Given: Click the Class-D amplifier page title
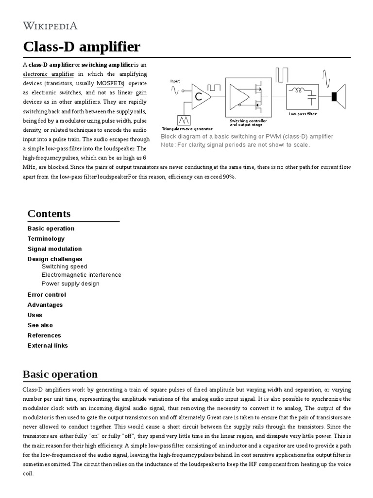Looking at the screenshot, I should (82, 47).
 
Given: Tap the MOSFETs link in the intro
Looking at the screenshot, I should (110, 84).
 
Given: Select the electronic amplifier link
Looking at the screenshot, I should (49, 74).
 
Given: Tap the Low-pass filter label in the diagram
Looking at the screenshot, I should (303, 114).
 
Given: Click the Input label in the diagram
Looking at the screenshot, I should (175, 81).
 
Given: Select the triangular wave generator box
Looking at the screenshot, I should (184, 120).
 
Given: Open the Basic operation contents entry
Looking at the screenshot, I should (51, 229).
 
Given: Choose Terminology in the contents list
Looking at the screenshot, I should (46, 239).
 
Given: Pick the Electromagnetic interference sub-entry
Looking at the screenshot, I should (82, 275).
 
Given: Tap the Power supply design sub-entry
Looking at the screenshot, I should (70, 284).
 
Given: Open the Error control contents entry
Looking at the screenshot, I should (47, 295).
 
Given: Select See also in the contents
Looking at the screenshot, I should (40, 325).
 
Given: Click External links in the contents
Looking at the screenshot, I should (48, 346).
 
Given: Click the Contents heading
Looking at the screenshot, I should (49, 214).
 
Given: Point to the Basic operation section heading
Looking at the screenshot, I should (60, 374).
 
